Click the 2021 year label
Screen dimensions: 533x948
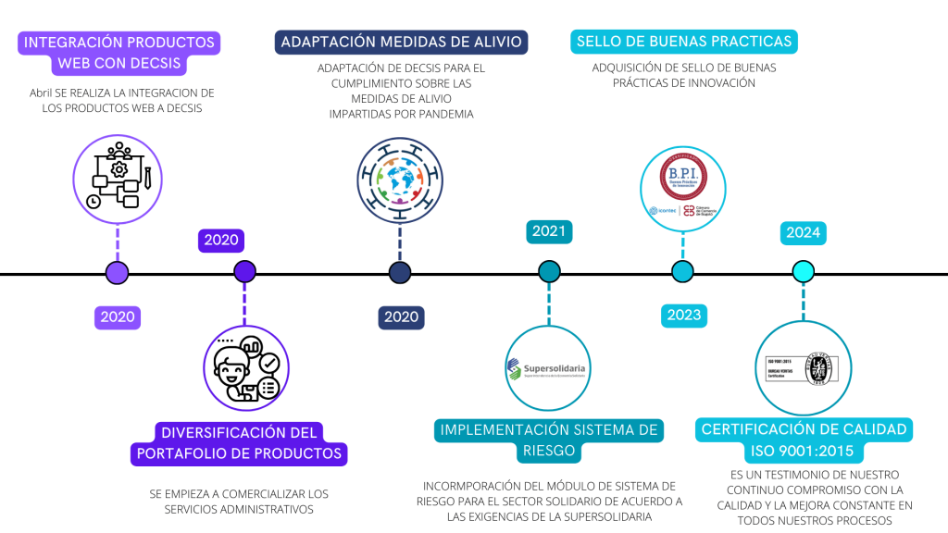[549, 230]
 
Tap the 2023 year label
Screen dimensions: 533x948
[683, 315]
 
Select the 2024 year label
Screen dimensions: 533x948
[803, 232]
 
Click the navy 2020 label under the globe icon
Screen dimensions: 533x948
[401, 316]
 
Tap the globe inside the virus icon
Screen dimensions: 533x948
[400, 177]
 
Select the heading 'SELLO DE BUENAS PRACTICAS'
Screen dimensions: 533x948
[684, 42]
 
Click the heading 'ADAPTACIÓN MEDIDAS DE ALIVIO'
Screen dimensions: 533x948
[401, 42]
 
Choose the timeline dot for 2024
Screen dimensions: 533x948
[804, 272]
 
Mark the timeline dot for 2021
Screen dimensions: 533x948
[549, 272]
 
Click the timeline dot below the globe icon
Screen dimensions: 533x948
[400, 272]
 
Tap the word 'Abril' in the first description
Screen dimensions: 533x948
[41, 93]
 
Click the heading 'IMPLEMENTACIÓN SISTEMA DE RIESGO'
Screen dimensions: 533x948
[548, 440]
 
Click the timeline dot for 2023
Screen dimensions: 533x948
[682, 272]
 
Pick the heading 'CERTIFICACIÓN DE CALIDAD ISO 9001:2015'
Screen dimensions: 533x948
[804, 440]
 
